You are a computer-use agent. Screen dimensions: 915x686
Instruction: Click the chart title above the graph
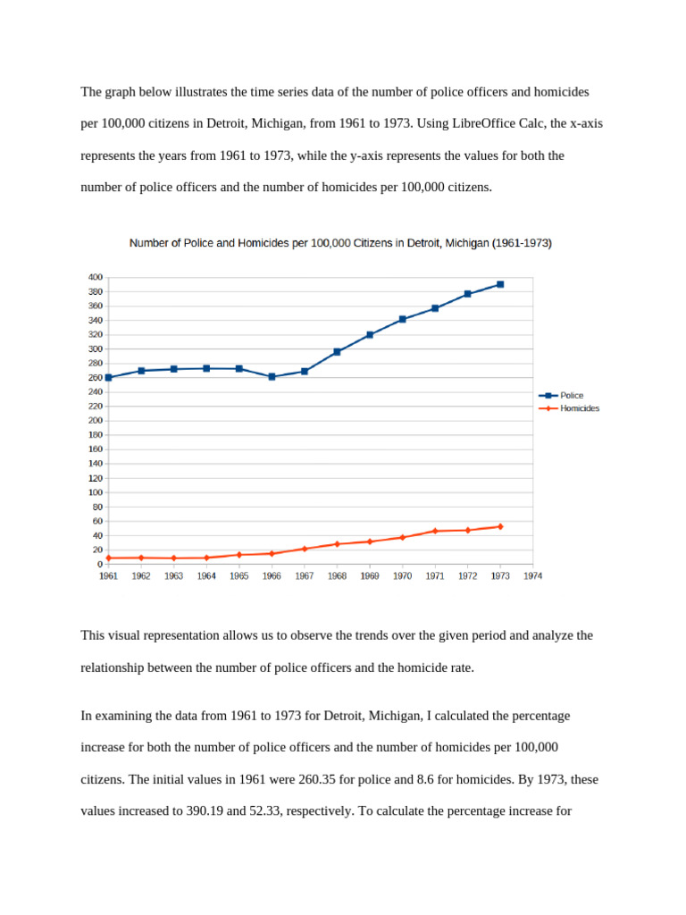(x=340, y=243)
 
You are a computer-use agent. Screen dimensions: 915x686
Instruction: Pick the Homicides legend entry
(x=580, y=408)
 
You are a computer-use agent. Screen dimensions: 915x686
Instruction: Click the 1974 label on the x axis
(x=533, y=576)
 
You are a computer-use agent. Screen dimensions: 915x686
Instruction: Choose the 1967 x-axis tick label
(x=305, y=576)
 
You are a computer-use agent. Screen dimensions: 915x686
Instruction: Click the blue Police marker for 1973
(x=500, y=284)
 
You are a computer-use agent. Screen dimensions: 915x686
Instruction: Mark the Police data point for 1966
(x=272, y=377)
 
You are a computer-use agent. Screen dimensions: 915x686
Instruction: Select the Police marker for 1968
(x=337, y=352)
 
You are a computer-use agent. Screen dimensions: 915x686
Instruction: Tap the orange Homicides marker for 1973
(x=500, y=526)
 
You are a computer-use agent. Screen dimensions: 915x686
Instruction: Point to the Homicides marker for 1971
(x=435, y=531)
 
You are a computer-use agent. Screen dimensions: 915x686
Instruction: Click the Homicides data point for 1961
(x=108, y=558)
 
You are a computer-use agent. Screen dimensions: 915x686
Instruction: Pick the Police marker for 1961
(x=108, y=377)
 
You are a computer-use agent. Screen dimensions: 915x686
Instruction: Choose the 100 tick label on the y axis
(x=96, y=492)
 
